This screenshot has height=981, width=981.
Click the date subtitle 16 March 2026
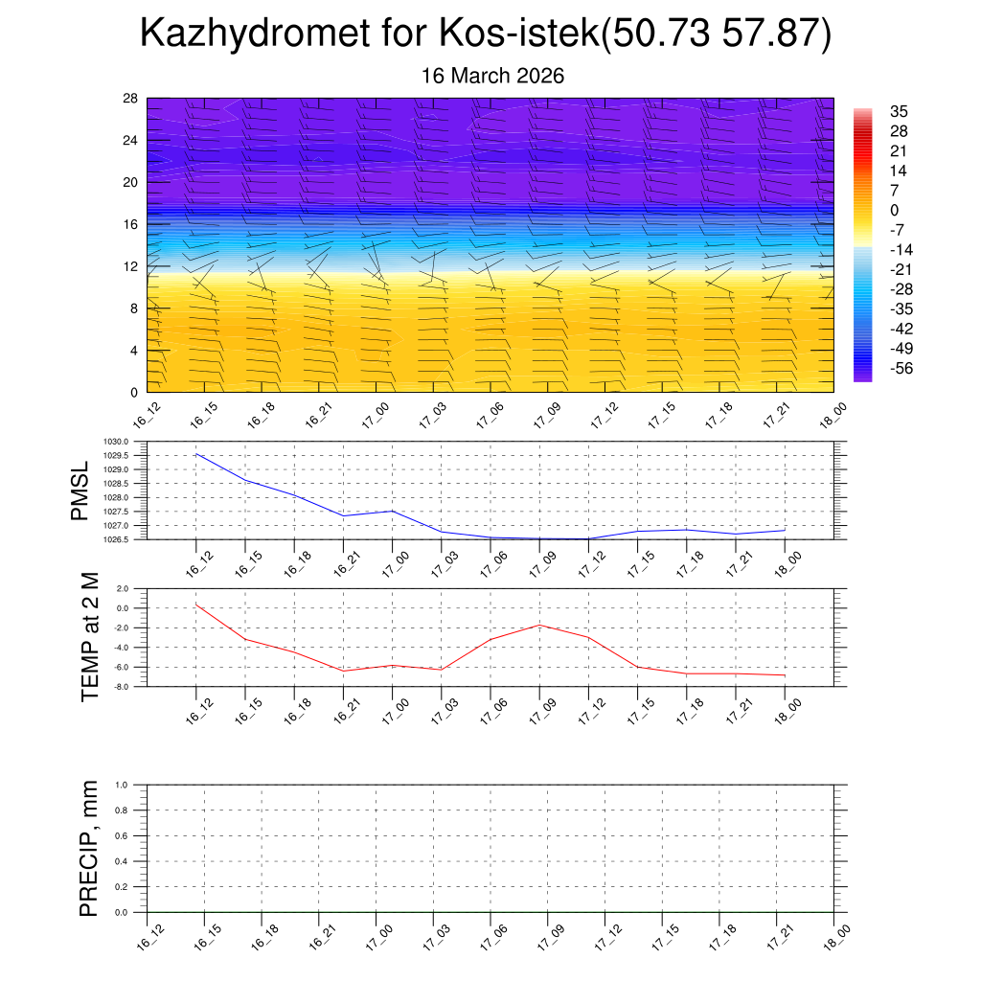pyautogui.click(x=493, y=76)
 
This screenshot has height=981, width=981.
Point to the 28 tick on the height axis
pyautogui.click(x=130, y=99)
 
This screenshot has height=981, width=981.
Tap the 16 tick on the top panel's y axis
pyautogui.click(x=130, y=224)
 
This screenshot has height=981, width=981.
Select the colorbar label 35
pyautogui.click(x=899, y=111)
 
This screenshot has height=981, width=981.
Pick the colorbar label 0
pyautogui.click(x=895, y=211)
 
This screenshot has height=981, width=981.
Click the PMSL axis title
pyautogui.click(x=80, y=490)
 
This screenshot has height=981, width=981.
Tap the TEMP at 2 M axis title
pyautogui.click(x=90, y=637)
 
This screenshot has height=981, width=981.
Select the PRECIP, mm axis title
pyautogui.click(x=89, y=849)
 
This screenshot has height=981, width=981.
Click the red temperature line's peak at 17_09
pyautogui.click(x=539, y=625)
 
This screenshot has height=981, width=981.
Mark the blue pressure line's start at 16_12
pyautogui.click(x=196, y=454)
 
